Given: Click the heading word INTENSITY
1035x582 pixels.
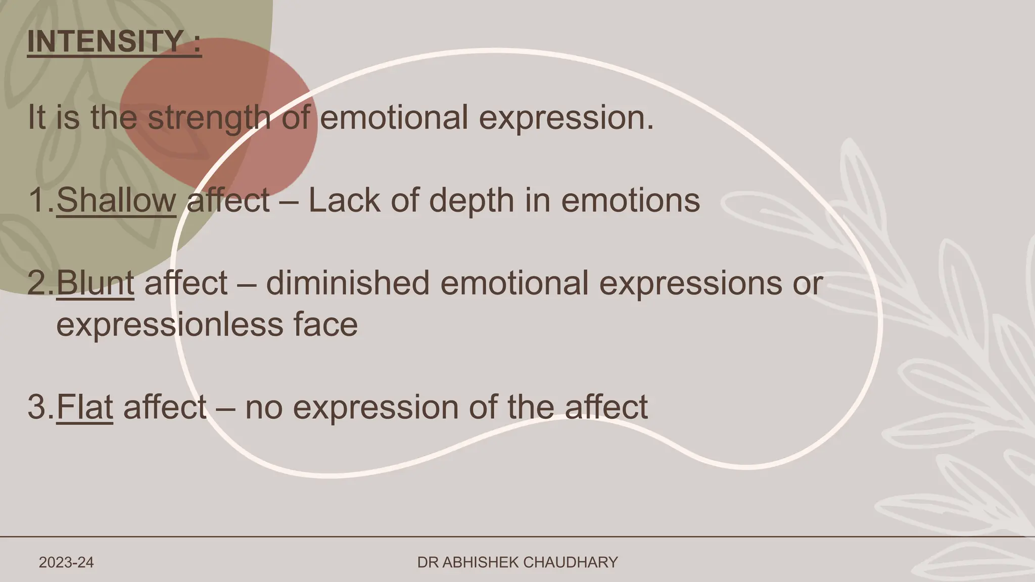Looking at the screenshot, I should click(105, 41).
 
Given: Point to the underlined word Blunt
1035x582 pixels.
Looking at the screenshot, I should click(95, 283).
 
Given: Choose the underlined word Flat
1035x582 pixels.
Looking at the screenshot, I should click(84, 407).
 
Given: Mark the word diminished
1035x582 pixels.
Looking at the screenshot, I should click(348, 283).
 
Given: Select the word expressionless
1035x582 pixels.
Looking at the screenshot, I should click(170, 325).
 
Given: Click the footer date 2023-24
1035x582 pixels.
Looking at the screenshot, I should click(66, 562).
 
